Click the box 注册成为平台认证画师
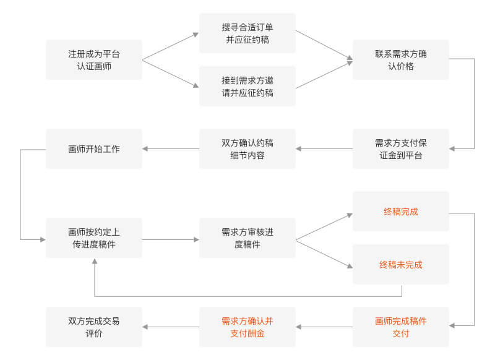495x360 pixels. pos(94,60)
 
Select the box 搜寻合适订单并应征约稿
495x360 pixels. pos(247,33)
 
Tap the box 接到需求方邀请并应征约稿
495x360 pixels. pos(247,86)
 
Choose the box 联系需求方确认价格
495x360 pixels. pos(401,60)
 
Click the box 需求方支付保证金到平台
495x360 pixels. pos(401,149)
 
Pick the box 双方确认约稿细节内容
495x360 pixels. pos(247,149)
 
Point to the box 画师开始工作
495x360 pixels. pos(94,149)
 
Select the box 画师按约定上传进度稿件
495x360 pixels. pos(94,238)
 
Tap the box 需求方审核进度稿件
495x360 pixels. pos(247,238)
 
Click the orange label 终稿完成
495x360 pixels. pos(401,212)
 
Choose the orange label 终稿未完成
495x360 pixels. pos(401,265)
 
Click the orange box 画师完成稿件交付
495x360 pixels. pos(401,327)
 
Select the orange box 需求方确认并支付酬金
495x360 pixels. pos(247,327)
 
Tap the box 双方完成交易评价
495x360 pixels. pos(94,327)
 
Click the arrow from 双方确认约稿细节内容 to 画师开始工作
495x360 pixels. pos(171,149)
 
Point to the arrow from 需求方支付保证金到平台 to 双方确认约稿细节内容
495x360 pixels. pos(324,149)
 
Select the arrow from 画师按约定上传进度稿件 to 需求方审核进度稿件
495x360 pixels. pos(171,239)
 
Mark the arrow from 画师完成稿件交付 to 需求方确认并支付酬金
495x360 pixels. pos(324,327)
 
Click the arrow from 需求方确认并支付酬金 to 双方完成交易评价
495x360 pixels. pos(171,327)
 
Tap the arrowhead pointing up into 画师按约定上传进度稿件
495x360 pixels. pos(94,262)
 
